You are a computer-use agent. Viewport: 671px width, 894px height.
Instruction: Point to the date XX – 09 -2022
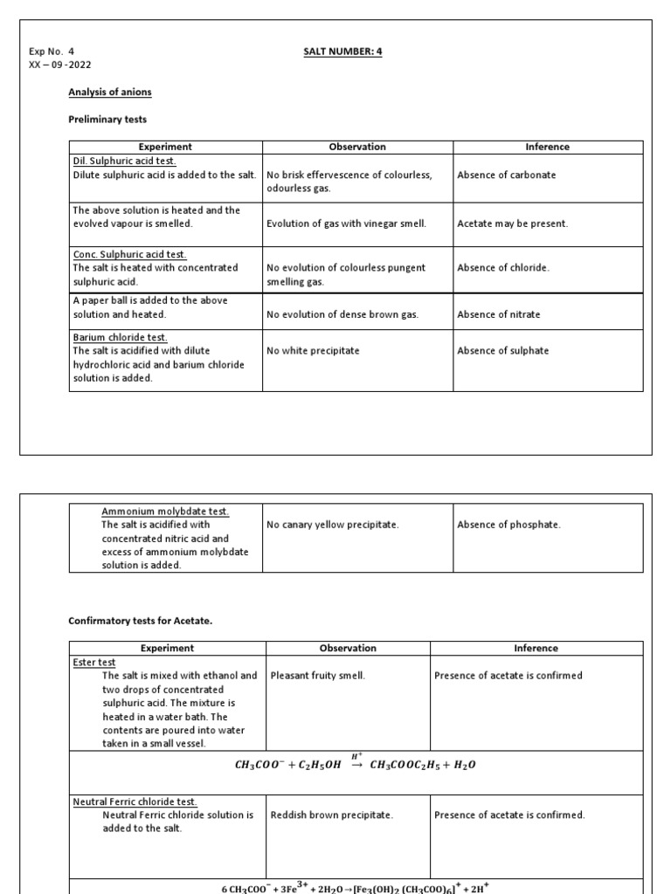click(60, 65)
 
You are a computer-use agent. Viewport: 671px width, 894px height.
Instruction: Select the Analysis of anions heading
click(110, 92)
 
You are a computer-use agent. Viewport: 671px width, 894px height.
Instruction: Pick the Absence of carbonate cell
click(506, 175)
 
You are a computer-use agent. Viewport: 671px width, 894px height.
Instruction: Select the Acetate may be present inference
click(512, 223)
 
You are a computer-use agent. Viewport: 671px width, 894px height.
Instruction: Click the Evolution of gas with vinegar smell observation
click(346, 223)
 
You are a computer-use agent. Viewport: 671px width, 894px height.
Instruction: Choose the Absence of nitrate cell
click(498, 314)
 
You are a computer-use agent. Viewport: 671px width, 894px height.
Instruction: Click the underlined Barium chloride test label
click(120, 337)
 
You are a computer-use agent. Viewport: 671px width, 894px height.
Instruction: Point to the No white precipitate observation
click(313, 351)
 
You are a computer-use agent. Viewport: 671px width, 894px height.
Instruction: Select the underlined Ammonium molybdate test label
click(165, 511)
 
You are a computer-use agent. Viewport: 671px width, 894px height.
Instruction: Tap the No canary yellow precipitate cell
click(332, 525)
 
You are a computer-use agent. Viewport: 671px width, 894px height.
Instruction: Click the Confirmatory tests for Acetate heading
click(140, 621)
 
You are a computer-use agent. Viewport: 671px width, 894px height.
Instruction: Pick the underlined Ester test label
click(93, 663)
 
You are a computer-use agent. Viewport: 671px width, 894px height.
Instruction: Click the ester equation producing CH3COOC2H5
click(356, 764)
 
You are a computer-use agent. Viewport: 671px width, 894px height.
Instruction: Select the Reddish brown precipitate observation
click(332, 815)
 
